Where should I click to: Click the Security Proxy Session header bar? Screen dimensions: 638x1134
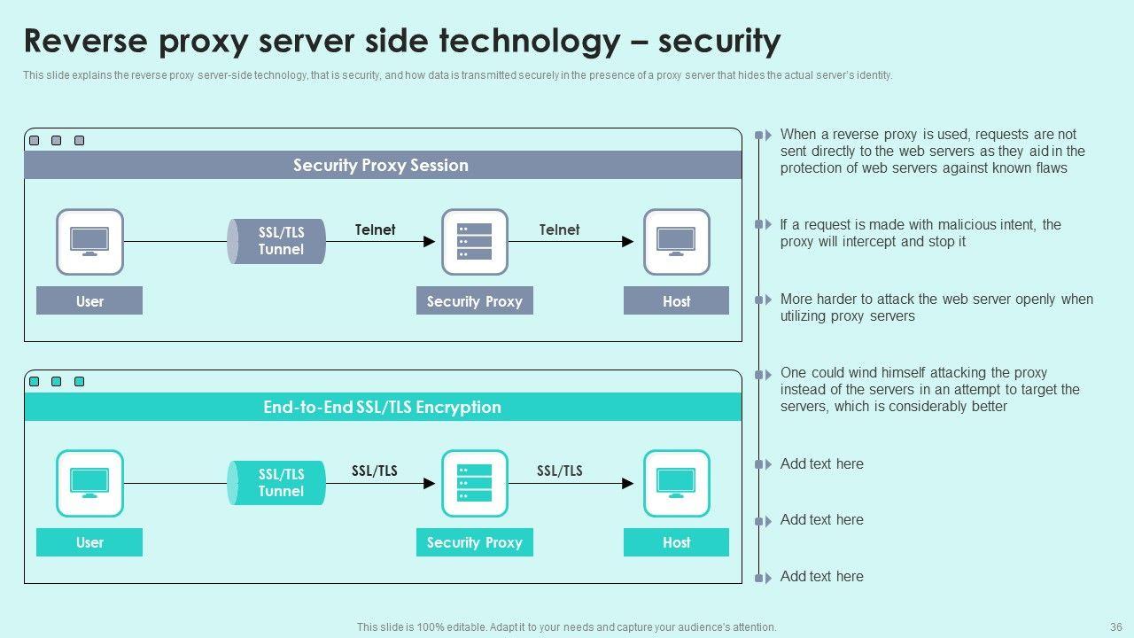click(x=382, y=166)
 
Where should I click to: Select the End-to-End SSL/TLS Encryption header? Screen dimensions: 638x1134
click(x=382, y=408)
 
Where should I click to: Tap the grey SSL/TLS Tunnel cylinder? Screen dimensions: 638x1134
click(x=277, y=241)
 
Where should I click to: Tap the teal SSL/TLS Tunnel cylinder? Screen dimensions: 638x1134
click(x=277, y=483)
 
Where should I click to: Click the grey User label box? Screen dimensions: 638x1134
click(x=89, y=301)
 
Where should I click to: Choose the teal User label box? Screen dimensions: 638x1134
click(x=89, y=542)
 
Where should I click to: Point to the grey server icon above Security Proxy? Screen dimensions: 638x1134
click(x=475, y=242)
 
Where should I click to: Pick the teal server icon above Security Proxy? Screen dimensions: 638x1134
click(x=475, y=484)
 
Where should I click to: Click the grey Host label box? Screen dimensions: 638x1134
click(x=676, y=301)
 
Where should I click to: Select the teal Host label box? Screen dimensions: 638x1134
click(x=676, y=542)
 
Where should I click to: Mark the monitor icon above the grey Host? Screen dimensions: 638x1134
click(x=676, y=242)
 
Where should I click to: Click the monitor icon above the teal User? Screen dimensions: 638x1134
click(x=89, y=484)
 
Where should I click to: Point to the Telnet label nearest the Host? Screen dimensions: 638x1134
click(x=559, y=230)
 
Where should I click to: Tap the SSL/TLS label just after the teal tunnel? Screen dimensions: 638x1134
click(x=375, y=471)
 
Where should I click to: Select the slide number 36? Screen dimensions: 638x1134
click(x=1115, y=626)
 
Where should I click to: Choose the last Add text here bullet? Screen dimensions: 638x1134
click(x=821, y=577)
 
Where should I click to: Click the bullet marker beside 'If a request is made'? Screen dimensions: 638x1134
click(x=762, y=225)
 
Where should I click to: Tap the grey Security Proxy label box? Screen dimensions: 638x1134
click(x=475, y=301)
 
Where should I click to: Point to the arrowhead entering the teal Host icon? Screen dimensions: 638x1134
click(x=628, y=484)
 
